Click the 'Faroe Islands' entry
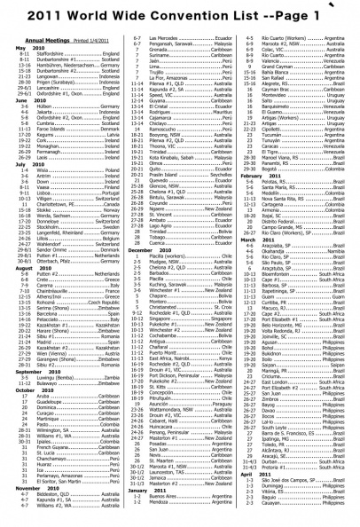tap(49, 130)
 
